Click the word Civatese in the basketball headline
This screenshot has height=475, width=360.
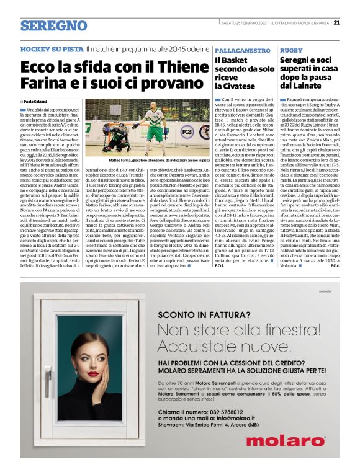coord(236,86)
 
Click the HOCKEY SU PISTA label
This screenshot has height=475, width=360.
coord(52,48)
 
